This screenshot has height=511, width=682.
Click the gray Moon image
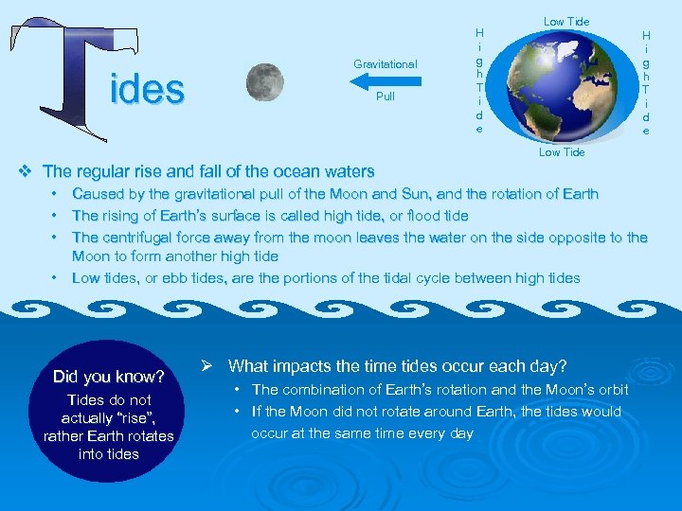click(264, 82)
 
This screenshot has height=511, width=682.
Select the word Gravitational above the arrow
click(385, 64)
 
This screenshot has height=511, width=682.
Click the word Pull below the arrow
click(385, 97)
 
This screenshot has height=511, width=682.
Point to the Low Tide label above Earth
click(565, 22)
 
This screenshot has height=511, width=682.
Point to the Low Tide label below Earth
click(562, 152)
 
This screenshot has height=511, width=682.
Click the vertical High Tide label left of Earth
click(479, 80)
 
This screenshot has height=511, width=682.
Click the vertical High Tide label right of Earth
click(646, 80)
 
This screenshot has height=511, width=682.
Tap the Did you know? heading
click(109, 377)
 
